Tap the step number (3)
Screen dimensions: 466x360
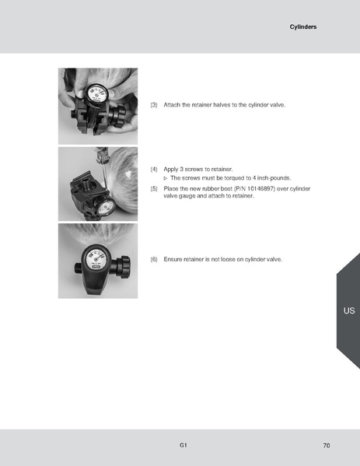coord(154,104)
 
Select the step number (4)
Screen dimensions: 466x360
coord(154,169)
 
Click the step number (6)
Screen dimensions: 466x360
coord(154,258)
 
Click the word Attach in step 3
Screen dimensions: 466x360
coord(173,104)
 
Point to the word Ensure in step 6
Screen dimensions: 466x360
coord(173,258)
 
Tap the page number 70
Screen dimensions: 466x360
coord(327,446)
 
